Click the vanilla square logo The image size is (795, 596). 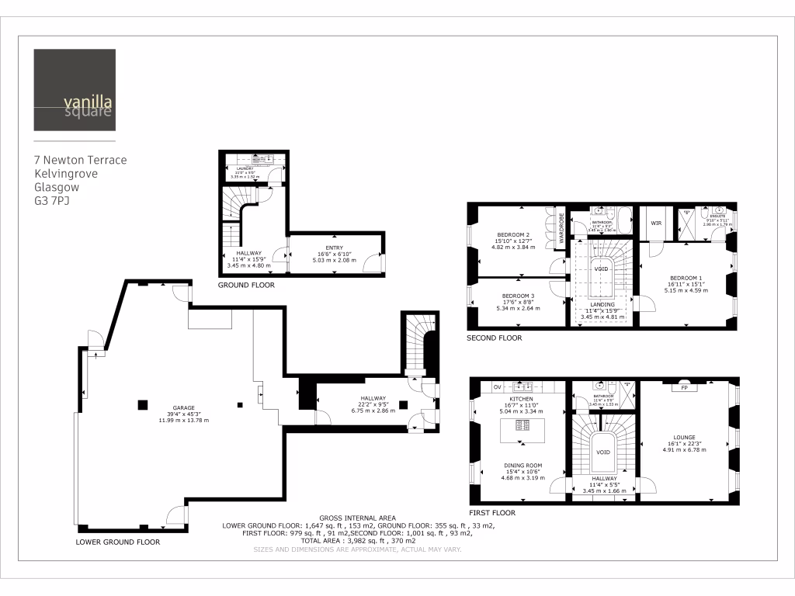click(75, 90)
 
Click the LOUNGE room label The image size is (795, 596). click(685, 437)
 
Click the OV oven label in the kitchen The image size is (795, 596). click(497, 386)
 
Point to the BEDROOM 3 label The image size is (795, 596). click(518, 296)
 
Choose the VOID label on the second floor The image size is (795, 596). click(601, 269)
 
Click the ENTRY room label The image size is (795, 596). click(334, 248)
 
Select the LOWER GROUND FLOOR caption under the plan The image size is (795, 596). click(118, 542)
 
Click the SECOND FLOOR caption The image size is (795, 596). click(494, 338)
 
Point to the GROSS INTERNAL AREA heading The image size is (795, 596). click(357, 518)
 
